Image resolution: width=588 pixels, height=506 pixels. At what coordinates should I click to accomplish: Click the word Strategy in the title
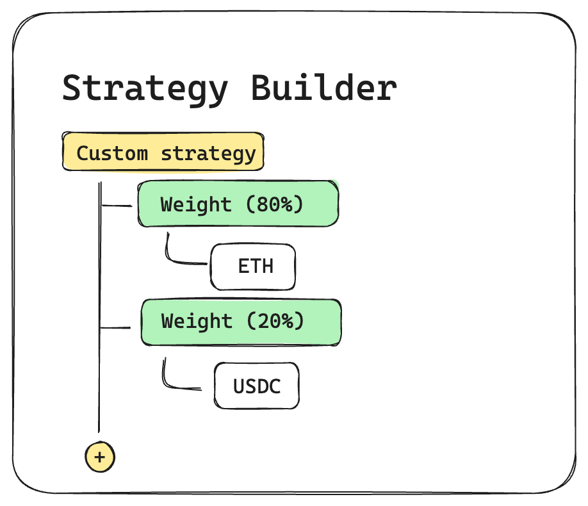(x=145, y=89)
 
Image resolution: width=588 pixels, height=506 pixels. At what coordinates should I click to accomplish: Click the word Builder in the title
(x=323, y=88)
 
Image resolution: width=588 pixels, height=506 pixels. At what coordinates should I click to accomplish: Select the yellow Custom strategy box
(x=163, y=152)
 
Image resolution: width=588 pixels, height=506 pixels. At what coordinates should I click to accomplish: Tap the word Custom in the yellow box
(x=112, y=154)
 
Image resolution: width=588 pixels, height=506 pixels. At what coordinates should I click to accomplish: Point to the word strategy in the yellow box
(x=209, y=154)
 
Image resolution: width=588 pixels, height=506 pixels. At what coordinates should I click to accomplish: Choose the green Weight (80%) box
(x=238, y=204)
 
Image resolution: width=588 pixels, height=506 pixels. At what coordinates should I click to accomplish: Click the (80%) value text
(x=275, y=204)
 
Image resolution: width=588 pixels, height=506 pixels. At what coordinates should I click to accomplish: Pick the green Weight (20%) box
(x=241, y=322)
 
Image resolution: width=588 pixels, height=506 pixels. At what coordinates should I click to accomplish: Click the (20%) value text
(x=275, y=321)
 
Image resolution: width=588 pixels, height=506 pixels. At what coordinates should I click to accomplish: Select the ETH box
(x=253, y=266)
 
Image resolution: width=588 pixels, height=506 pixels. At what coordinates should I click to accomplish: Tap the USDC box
(x=257, y=386)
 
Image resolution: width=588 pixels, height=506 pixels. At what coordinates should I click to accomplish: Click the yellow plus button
(x=100, y=457)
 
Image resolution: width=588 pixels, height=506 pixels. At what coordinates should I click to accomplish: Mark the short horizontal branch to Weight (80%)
(x=117, y=206)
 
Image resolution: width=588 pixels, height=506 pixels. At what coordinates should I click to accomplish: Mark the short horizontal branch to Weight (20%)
(x=115, y=328)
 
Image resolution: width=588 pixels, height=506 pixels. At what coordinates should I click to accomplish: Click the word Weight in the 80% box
(x=196, y=205)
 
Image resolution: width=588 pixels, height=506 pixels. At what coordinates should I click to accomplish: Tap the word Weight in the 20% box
(x=197, y=322)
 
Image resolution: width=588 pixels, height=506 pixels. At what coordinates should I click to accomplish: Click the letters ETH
(x=256, y=266)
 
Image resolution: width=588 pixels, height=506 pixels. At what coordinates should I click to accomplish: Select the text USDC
(x=257, y=386)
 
